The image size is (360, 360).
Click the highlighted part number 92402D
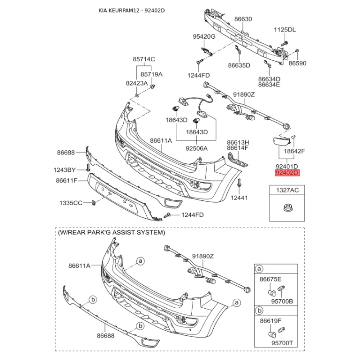point(287,172)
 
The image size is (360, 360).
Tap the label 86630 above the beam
point(243,19)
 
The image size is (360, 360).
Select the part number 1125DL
point(285,30)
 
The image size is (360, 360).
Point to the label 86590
point(297,63)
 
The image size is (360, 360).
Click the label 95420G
point(204,36)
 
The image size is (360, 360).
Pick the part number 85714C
point(144,59)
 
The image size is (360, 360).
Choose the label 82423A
point(137,83)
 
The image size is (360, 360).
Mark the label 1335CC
point(71,203)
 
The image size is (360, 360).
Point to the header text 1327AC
point(287,190)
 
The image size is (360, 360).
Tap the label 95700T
point(282,343)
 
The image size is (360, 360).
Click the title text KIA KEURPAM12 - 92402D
point(132,10)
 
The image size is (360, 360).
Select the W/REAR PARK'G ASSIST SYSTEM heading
point(111,233)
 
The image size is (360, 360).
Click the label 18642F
point(294,151)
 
